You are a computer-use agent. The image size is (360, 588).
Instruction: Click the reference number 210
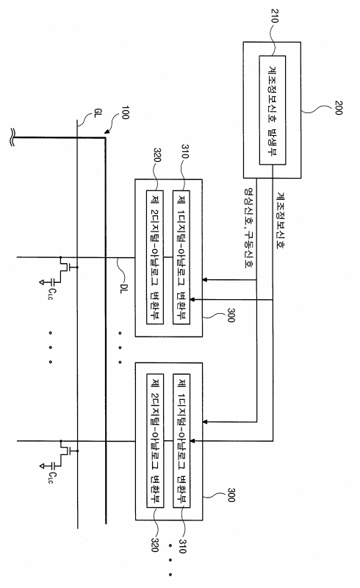[275, 15]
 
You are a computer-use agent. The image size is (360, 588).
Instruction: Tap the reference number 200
[338, 107]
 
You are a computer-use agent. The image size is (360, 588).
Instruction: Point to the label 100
[125, 112]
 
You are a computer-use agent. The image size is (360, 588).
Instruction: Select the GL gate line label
[97, 113]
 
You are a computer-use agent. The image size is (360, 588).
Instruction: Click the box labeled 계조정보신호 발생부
[273, 110]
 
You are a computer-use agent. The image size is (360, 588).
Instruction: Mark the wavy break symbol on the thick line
[12, 137]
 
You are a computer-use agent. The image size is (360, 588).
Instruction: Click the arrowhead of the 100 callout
[107, 132]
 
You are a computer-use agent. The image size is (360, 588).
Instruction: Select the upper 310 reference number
[185, 151]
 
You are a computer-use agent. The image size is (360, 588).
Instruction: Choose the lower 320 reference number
[155, 545]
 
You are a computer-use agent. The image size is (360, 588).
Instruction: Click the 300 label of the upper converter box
[231, 315]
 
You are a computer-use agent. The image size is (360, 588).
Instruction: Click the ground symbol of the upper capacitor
[42, 282]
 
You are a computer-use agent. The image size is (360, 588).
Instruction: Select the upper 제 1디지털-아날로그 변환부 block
[181, 257]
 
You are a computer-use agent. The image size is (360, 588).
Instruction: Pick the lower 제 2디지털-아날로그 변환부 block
[155, 440]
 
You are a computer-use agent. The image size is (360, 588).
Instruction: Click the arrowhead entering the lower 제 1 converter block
[192, 441]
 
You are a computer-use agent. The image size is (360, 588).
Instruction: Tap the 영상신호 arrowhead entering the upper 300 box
[205, 280]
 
